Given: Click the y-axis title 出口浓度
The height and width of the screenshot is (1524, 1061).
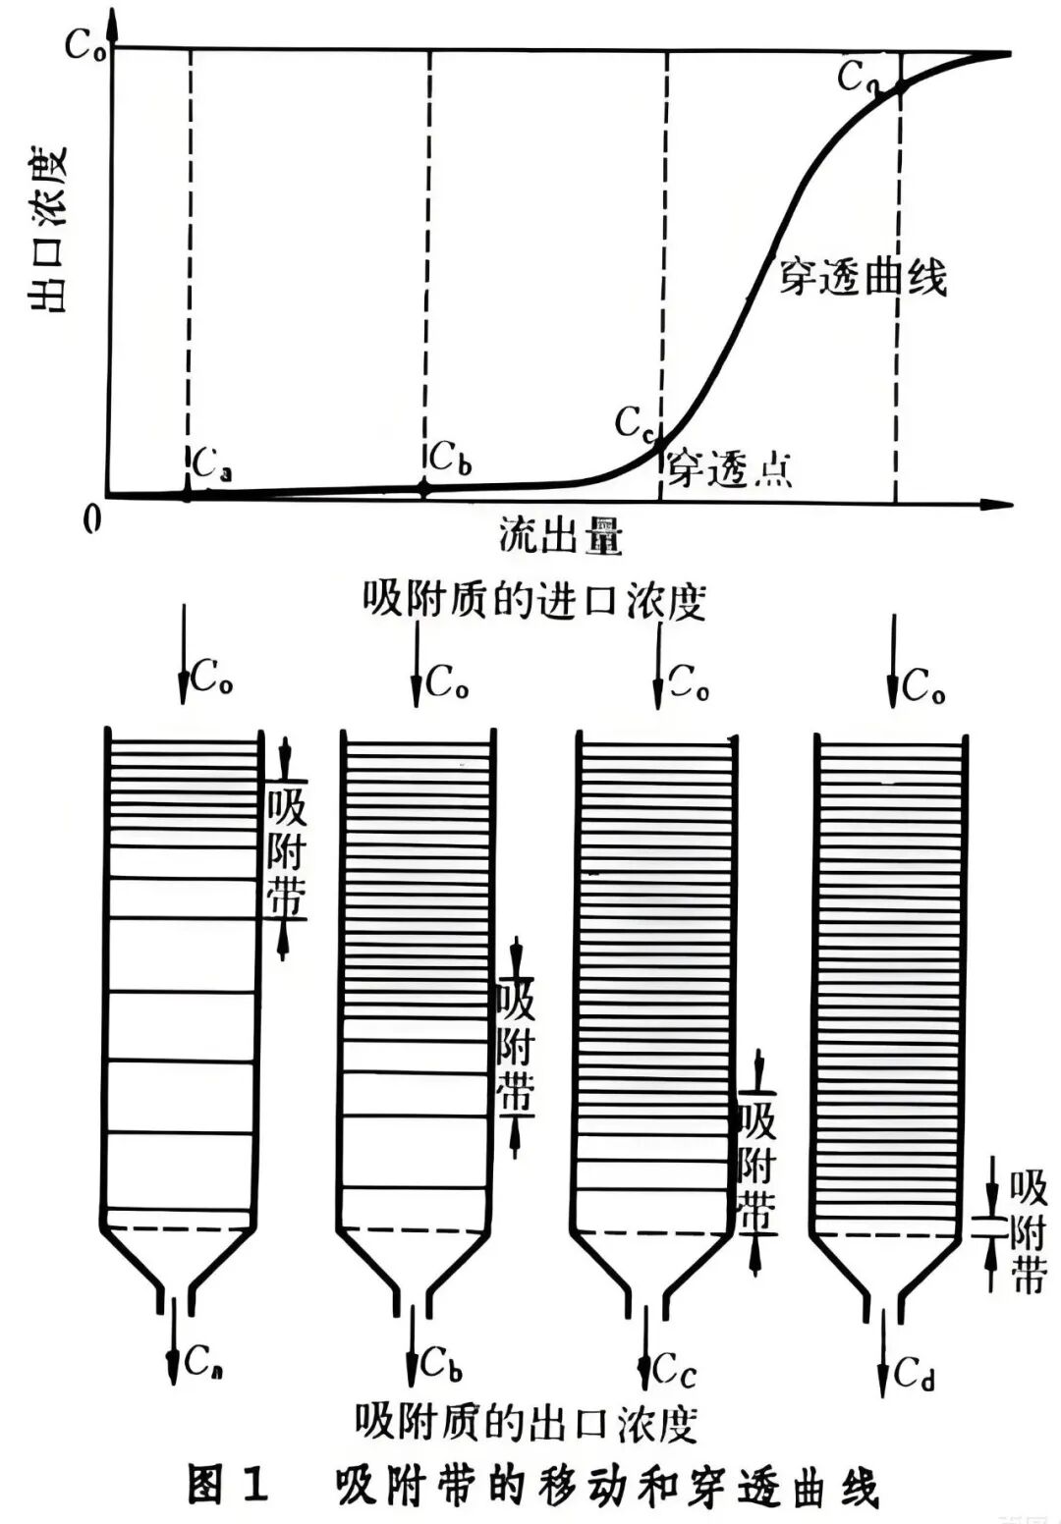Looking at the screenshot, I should pyautogui.click(x=47, y=229).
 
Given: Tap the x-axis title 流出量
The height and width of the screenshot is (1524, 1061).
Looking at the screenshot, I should pyautogui.click(x=561, y=537).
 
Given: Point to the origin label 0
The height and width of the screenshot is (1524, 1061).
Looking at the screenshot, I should pyautogui.click(x=92, y=517).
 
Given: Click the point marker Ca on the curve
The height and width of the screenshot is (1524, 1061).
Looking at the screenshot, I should pyautogui.click(x=187, y=494).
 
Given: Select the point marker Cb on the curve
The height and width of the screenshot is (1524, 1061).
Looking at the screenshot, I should pyautogui.click(x=424, y=487).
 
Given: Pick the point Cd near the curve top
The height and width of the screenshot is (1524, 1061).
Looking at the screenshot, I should pyautogui.click(x=898, y=87).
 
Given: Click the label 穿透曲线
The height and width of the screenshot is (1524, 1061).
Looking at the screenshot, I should pyautogui.click(x=863, y=278).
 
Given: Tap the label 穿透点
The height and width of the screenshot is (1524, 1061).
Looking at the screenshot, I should pyautogui.click(x=730, y=469).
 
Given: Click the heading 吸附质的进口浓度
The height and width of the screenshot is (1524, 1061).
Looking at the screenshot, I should pyautogui.click(x=535, y=598).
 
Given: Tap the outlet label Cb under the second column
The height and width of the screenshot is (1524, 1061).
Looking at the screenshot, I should pyautogui.click(x=442, y=1363).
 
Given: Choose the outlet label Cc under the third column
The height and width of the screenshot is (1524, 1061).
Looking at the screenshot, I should pyautogui.click(x=675, y=1368).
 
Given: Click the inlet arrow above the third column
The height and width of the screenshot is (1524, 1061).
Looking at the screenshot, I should pyautogui.click(x=657, y=668).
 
